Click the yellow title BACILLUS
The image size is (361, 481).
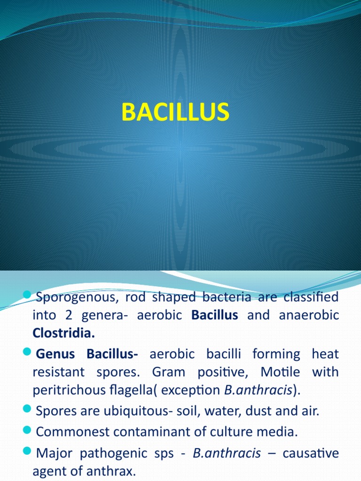coord(175,113)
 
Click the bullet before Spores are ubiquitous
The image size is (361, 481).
coord(27,411)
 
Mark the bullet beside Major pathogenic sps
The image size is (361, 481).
coord(27,452)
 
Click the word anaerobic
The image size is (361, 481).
coord(309,315)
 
